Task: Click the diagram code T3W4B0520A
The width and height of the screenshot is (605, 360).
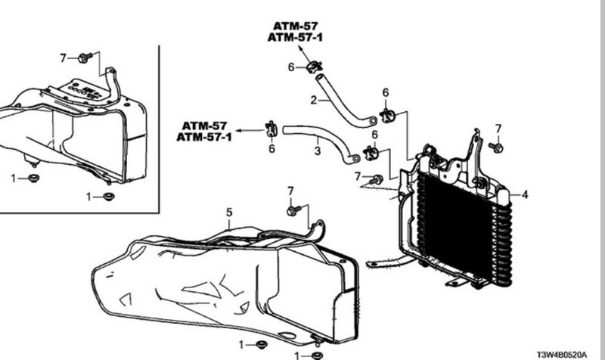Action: pos(562,355)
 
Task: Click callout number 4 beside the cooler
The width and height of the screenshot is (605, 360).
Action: pos(525,195)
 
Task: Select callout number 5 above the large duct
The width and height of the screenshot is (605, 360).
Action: pos(229,213)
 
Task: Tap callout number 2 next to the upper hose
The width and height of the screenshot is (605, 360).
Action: pos(314,101)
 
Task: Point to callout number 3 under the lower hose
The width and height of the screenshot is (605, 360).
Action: pos(317,151)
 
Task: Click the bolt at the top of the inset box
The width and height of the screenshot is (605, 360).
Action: pos(85,58)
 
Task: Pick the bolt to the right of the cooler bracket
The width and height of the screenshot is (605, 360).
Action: pos(496,147)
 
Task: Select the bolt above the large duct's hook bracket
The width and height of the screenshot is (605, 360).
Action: pos(294,210)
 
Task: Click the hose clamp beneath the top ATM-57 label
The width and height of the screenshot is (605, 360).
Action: pos(314,67)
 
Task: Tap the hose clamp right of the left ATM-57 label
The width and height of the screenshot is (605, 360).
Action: pos(271,129)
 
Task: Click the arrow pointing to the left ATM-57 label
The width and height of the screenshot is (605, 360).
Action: pos(250,130)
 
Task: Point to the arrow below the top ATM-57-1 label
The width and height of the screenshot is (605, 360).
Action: pos(304,53)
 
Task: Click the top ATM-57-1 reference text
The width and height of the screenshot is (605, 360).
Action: pos(295,37)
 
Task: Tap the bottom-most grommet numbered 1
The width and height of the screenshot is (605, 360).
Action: pos(317,355)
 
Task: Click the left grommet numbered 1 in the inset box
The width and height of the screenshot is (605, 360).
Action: pos(33,178)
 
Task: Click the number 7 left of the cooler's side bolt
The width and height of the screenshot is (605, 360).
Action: pos(358,176)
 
